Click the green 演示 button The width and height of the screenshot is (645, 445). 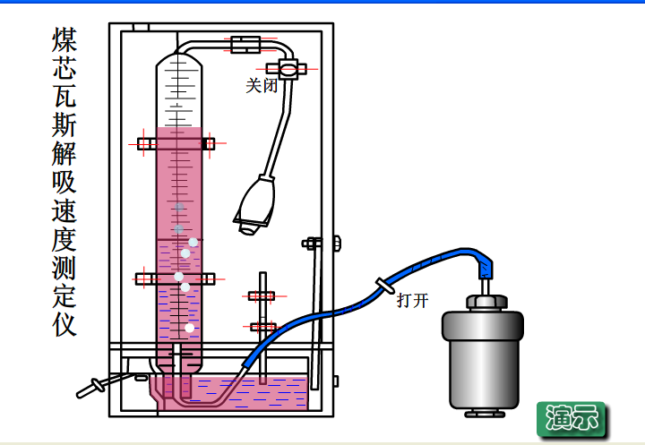pyautogui.click(x=571, y=417)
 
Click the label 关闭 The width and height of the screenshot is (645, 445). pyautogui.click(x=262, y=86)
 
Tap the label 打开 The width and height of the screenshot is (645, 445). pyautogui.click(x=412, y=300)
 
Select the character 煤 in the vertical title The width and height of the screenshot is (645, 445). pyautogui.click(x=64, y=40)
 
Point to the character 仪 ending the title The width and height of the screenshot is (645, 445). pyautogui.click(x=64, y=324)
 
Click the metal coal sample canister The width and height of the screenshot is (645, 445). pyautogui.click(x=481, y=358)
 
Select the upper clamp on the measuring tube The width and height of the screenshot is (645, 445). pyautogui.click(x=176, y=143)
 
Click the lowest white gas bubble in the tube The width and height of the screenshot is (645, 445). pyautogui.click(x=190, y=328)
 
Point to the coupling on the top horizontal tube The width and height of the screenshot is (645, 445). pyautogui.click(x=245, y=43)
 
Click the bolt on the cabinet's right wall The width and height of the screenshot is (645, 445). pyautogui.click(x=335, y=243)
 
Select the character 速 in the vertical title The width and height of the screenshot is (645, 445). pyautogui.click(x=64, y=210)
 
